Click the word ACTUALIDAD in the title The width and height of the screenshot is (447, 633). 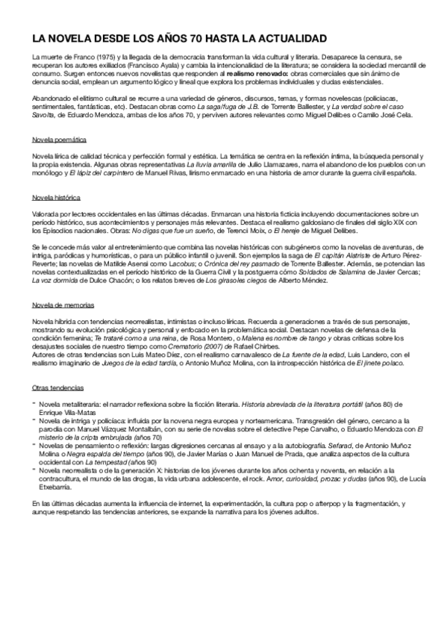point(287,37)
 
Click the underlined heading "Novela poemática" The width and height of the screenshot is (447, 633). point(60,140)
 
